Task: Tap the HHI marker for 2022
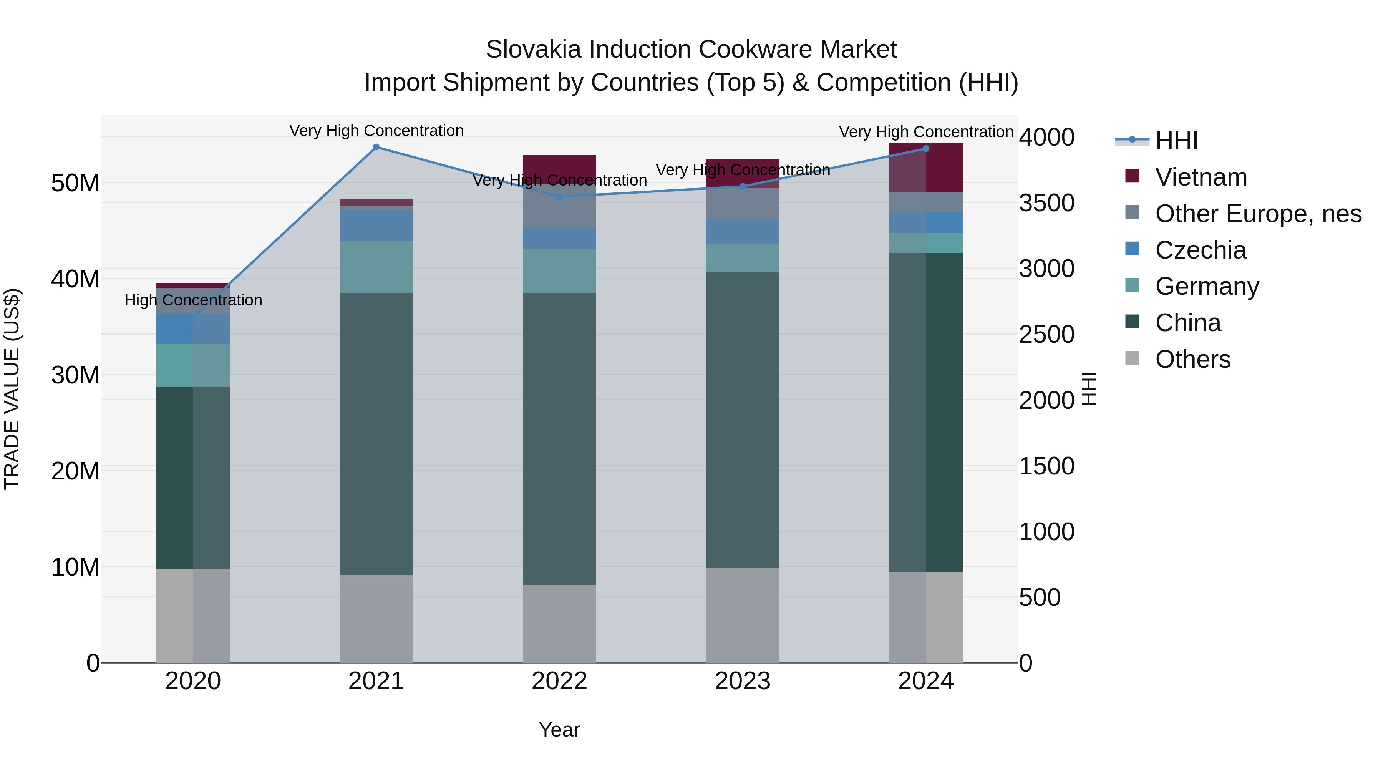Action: pos(559,196)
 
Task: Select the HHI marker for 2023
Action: pos(743,186)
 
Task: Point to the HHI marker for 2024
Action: pos(925,149)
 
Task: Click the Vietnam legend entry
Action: pos(1201,177)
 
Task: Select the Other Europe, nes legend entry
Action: pos(1258,214)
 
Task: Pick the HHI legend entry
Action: pos(1176,141)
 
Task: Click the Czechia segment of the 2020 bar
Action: pos(193,328)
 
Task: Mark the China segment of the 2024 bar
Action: pos(925,412)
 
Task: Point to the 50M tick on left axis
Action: pos(75,183)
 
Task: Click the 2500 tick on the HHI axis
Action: pos(1046,335)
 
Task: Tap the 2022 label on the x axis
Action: pos(559,681)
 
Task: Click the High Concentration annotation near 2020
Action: pos(193,300)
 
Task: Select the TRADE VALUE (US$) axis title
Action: pos(12,389)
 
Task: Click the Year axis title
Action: pos(559,730)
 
